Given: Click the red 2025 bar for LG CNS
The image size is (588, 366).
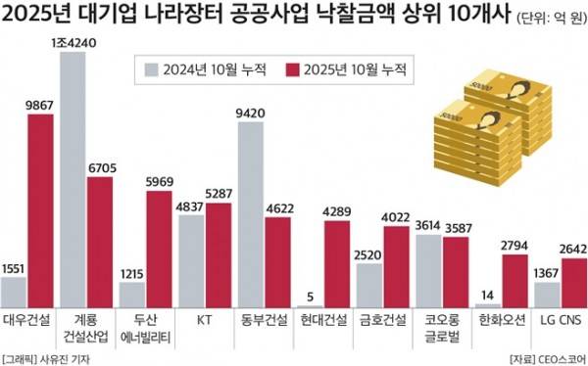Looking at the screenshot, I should click(x=572, y=283).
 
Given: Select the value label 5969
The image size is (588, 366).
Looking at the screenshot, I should click(x=159, y=182).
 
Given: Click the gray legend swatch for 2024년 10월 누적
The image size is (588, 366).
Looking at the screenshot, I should click(x=150, y=69).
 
